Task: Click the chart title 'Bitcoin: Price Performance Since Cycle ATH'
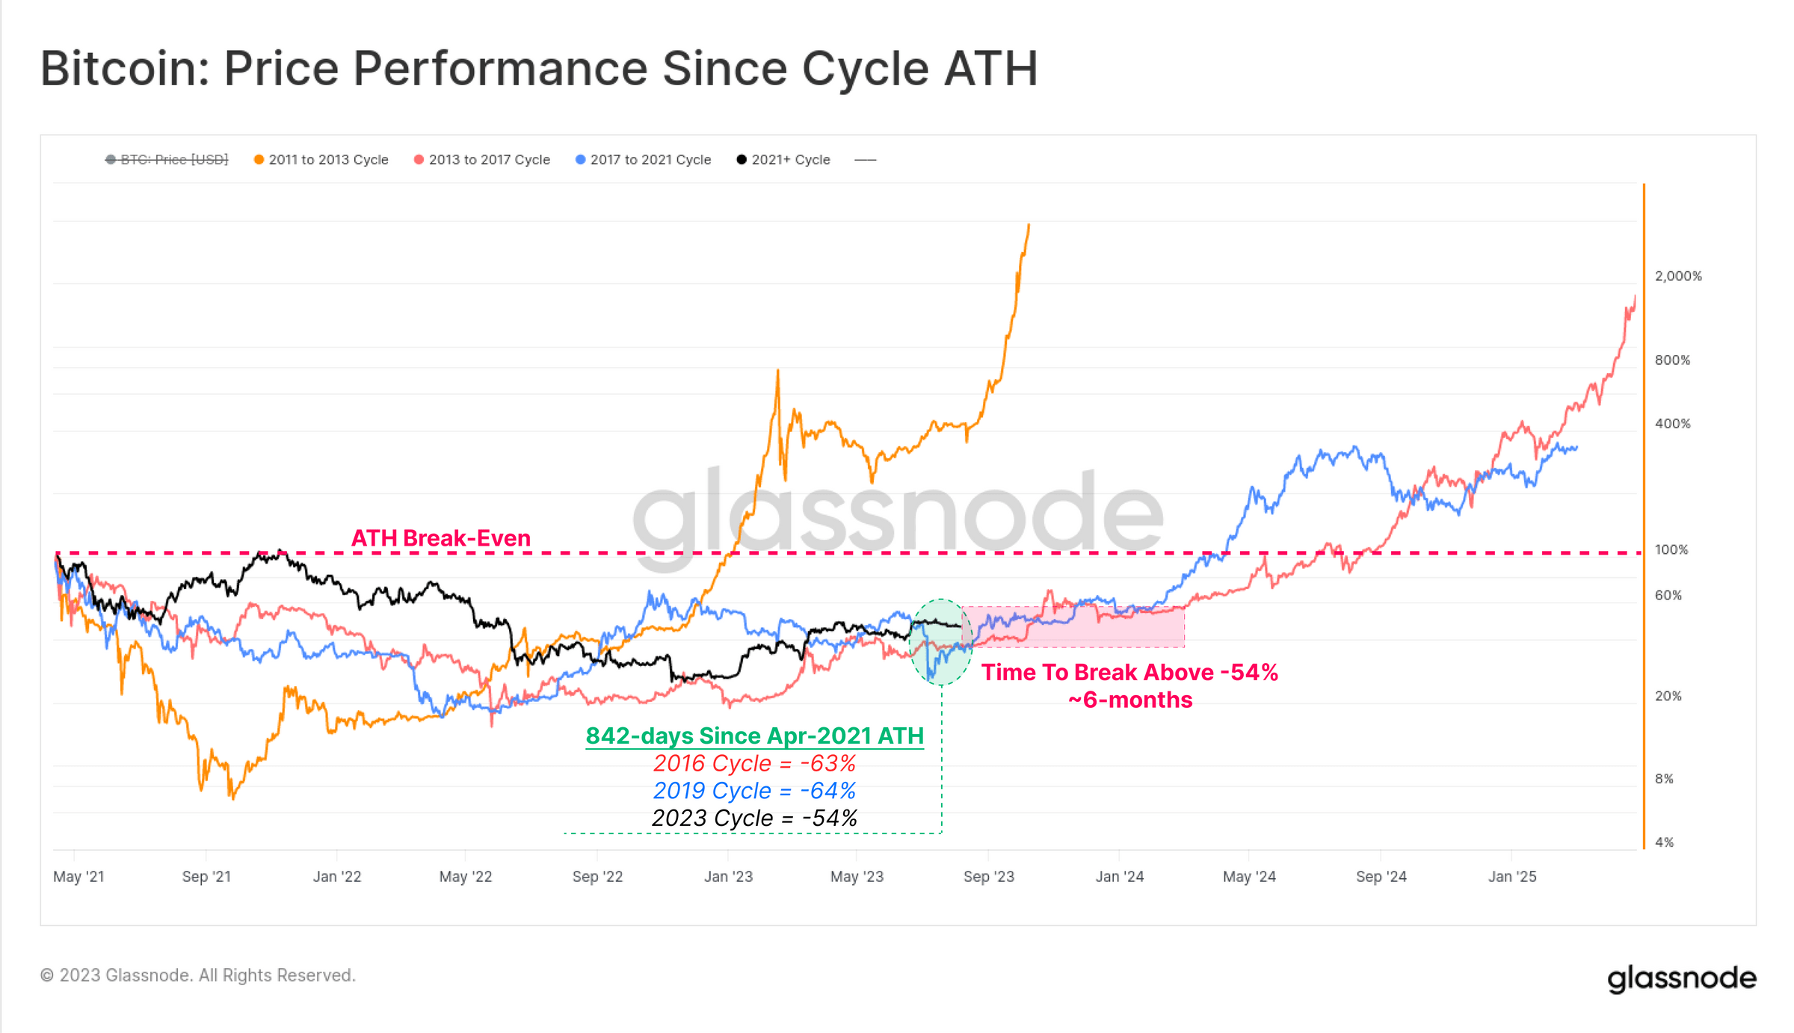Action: click(538, 69)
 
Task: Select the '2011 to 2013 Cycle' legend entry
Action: click(321, 160)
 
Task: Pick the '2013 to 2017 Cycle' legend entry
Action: click(482, 160)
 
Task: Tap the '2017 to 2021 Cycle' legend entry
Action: click(644, 160)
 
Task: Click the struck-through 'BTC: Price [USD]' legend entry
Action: click(167, 160)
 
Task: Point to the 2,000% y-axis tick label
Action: click(1677, 277)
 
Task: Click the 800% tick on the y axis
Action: click(1672, 360)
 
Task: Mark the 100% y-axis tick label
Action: click(1671, 550)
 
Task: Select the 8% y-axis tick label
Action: click(1664, 779)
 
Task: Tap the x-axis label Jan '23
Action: click(728, 877)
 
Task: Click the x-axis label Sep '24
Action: click(1381, 877)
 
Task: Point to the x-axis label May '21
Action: click(78, 877)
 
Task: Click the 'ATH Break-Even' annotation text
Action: click(441, 538)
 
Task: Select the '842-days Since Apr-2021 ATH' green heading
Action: click(754, 736)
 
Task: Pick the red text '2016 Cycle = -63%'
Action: click(754, 764)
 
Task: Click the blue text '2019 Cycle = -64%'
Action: click(754, 791)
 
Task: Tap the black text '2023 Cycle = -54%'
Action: click(754, 818)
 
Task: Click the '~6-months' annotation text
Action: click(1129, 700)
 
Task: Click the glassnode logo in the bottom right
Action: click(1681, 978)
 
